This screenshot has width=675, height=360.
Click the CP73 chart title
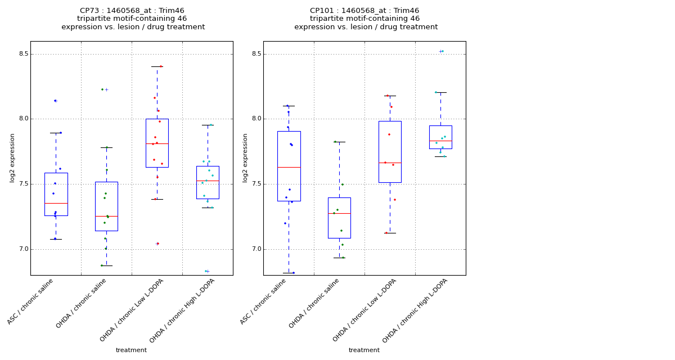coord(133,19)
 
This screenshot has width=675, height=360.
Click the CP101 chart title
coord(366,19)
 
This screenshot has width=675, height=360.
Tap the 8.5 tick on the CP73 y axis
coord(22,54)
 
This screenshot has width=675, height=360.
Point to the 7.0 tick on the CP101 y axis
coord(255,249)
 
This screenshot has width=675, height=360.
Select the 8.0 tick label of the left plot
coord(22,119)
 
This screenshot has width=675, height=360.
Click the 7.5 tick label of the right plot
coord(255,184)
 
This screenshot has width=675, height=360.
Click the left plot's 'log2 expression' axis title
coord(12,157)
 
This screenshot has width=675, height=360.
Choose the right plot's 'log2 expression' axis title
coord(245,157)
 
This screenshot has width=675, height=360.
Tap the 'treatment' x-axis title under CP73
coord(131,350)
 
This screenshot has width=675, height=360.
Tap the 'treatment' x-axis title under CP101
coord(364,350)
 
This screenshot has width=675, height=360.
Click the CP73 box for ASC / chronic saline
coord(56,194)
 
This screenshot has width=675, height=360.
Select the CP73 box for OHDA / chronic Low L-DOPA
coord(157,143)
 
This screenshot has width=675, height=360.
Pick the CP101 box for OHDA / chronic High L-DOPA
coord(440,137)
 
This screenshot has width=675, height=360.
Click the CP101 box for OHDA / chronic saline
coord(339,218)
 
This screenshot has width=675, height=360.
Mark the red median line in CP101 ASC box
coord(289,167)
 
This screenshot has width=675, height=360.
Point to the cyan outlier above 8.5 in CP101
coord(442,51)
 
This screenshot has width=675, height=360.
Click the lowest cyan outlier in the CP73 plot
coord(206,271)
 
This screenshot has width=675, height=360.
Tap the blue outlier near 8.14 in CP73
coord(55,101)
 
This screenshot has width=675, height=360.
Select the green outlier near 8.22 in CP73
coord(102,89)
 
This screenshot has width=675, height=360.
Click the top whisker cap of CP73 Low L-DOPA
coord(157,66)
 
